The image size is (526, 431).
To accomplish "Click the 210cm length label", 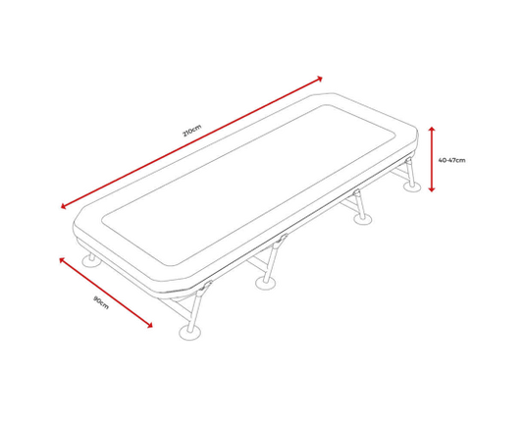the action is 192,131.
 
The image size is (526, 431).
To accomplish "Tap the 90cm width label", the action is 101,302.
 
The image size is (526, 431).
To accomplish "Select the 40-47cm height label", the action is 451,160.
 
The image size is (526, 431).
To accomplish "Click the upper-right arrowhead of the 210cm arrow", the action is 320,79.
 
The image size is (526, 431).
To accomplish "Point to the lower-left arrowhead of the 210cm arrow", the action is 63,206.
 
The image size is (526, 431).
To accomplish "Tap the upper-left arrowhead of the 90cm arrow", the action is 62,259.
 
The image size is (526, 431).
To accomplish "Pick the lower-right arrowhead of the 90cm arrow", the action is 150,325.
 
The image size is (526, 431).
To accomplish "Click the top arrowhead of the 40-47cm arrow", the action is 432,129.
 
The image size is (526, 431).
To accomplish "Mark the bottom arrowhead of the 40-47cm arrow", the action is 432,189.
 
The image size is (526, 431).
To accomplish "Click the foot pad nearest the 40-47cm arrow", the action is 412,187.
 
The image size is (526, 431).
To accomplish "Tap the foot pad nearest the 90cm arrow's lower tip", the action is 190,332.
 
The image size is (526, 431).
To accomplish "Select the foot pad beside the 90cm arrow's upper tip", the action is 91,261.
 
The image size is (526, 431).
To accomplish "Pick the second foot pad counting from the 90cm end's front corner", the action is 266,284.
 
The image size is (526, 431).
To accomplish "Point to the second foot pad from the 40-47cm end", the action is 363,219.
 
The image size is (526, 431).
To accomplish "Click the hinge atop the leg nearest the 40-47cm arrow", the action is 408,160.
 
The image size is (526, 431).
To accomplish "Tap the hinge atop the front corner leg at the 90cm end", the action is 206,287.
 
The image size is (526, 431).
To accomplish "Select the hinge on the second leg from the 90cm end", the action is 283,239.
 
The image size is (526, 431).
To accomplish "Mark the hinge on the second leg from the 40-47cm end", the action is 357,192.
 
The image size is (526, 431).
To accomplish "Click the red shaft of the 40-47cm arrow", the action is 432,159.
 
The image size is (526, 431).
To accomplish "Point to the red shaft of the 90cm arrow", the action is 106,293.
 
